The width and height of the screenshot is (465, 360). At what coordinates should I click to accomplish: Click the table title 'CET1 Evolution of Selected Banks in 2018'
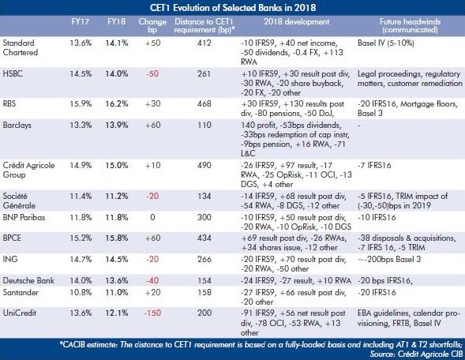point(233,7)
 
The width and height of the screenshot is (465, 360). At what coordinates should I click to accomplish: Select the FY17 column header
point(80,21)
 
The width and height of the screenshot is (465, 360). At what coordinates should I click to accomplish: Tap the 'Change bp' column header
point(152,26)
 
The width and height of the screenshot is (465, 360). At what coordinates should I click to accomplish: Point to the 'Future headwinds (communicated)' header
point(410,26)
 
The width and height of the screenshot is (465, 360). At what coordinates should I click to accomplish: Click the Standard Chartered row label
point(21,47)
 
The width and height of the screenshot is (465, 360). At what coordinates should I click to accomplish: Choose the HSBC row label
point(13,73)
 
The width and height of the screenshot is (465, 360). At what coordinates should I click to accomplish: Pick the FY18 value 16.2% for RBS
point(117,103)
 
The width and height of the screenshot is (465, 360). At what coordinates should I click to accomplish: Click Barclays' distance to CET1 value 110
point(204,125)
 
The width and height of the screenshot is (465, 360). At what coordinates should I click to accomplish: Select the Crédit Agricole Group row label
point(28,170)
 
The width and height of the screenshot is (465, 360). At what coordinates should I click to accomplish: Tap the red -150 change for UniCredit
point(152,313)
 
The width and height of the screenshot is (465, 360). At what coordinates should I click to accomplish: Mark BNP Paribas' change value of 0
point(152,217)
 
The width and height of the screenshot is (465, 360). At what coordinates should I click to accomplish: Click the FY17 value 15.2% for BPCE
point(81,238)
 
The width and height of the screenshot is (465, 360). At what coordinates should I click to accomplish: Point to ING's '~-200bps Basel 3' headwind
point(389,259)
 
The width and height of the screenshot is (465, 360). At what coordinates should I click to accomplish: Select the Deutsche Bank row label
point(28,280)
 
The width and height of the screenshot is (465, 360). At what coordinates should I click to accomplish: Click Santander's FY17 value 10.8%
point(81,292)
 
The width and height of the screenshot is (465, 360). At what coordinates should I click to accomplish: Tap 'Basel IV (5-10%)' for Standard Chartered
point(386,43)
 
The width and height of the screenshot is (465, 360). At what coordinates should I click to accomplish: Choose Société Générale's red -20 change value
point(152,196)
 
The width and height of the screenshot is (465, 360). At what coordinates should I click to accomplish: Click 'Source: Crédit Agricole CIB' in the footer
point(416,354)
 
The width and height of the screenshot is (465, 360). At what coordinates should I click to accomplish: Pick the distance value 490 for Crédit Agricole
point(204,165)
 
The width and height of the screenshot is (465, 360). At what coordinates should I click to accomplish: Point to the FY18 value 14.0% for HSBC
point(117,73)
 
